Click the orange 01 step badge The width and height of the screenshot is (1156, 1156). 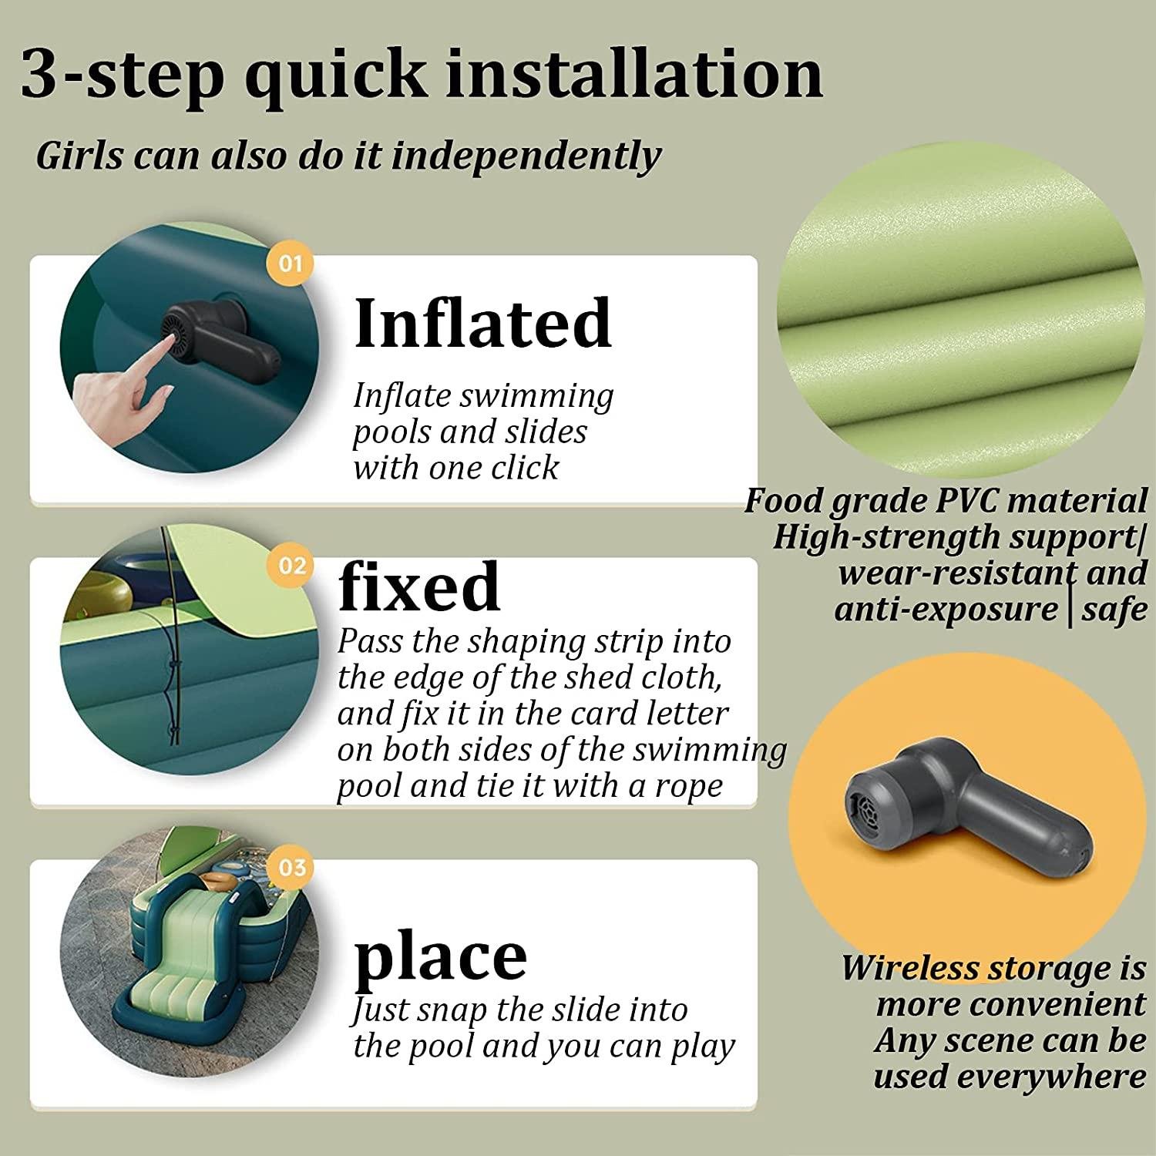pos(291,264)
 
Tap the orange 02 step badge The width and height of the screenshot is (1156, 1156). pos(291,566)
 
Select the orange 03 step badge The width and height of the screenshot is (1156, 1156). pos(291,868)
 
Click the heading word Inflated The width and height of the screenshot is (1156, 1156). pos(483,323)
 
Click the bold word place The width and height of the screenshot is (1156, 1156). pos(440,957)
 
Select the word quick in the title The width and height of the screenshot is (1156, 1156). pos(335,75)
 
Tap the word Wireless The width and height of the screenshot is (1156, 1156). pos(909,969)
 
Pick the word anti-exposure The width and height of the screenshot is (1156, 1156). pos(946,610)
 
